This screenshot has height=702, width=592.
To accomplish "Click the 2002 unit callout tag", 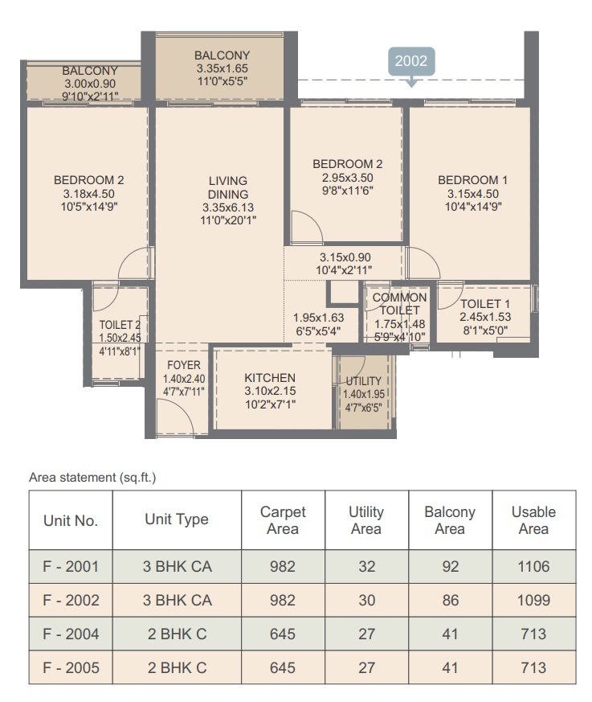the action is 411,61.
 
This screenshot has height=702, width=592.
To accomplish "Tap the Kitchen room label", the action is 270,377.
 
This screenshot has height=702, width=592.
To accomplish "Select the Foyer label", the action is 184,365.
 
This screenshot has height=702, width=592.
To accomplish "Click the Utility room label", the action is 364,381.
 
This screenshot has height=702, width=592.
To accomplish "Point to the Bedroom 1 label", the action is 472,180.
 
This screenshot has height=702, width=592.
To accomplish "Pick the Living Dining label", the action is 228,187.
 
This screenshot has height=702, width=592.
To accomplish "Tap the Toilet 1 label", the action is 485,304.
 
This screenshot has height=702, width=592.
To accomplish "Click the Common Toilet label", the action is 399,303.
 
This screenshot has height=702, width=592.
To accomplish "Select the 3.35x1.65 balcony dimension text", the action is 222,68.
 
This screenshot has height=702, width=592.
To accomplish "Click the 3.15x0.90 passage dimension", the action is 345,257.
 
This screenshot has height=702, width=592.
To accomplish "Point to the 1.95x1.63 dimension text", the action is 318,318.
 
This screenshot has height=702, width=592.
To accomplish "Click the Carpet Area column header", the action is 283,520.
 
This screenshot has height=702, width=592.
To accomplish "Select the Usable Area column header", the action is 533,520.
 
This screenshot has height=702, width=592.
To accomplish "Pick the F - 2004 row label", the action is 71,634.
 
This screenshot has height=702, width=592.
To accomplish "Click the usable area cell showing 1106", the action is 533,566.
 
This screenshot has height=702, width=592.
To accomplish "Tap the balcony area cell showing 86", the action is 451,600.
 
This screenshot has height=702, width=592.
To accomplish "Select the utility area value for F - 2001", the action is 366,566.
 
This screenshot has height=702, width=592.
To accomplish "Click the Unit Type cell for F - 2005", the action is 177,667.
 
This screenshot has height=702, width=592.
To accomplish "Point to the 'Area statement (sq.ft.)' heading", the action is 92,478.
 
